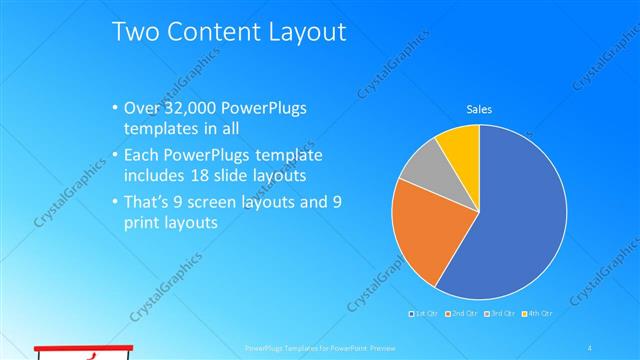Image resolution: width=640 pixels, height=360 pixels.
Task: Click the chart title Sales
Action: coord(479,109)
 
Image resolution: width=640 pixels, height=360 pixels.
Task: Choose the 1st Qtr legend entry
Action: coord(425,313)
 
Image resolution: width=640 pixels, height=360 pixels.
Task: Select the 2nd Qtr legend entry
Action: coord(461,313)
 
